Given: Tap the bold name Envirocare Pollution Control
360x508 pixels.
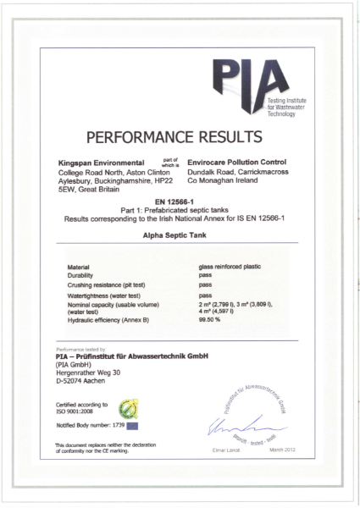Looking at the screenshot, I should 236,161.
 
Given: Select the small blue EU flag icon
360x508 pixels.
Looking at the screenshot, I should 131,425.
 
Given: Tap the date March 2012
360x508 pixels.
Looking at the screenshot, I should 282,449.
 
